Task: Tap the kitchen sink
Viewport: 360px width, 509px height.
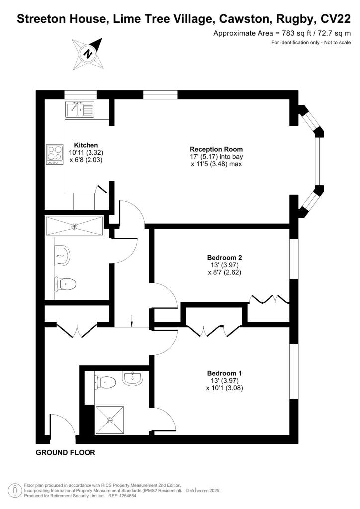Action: tap(80, 109)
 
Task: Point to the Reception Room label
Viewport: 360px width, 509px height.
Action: tap(216, 149)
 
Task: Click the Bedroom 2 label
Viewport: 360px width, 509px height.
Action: tap(224, 258)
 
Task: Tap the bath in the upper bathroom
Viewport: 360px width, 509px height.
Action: tap(75, 226)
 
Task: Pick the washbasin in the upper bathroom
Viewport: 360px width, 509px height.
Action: tap(64, 255)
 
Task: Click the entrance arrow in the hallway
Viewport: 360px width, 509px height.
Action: tap(132, 321)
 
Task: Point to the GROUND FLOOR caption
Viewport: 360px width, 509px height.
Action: tap(65, 453)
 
